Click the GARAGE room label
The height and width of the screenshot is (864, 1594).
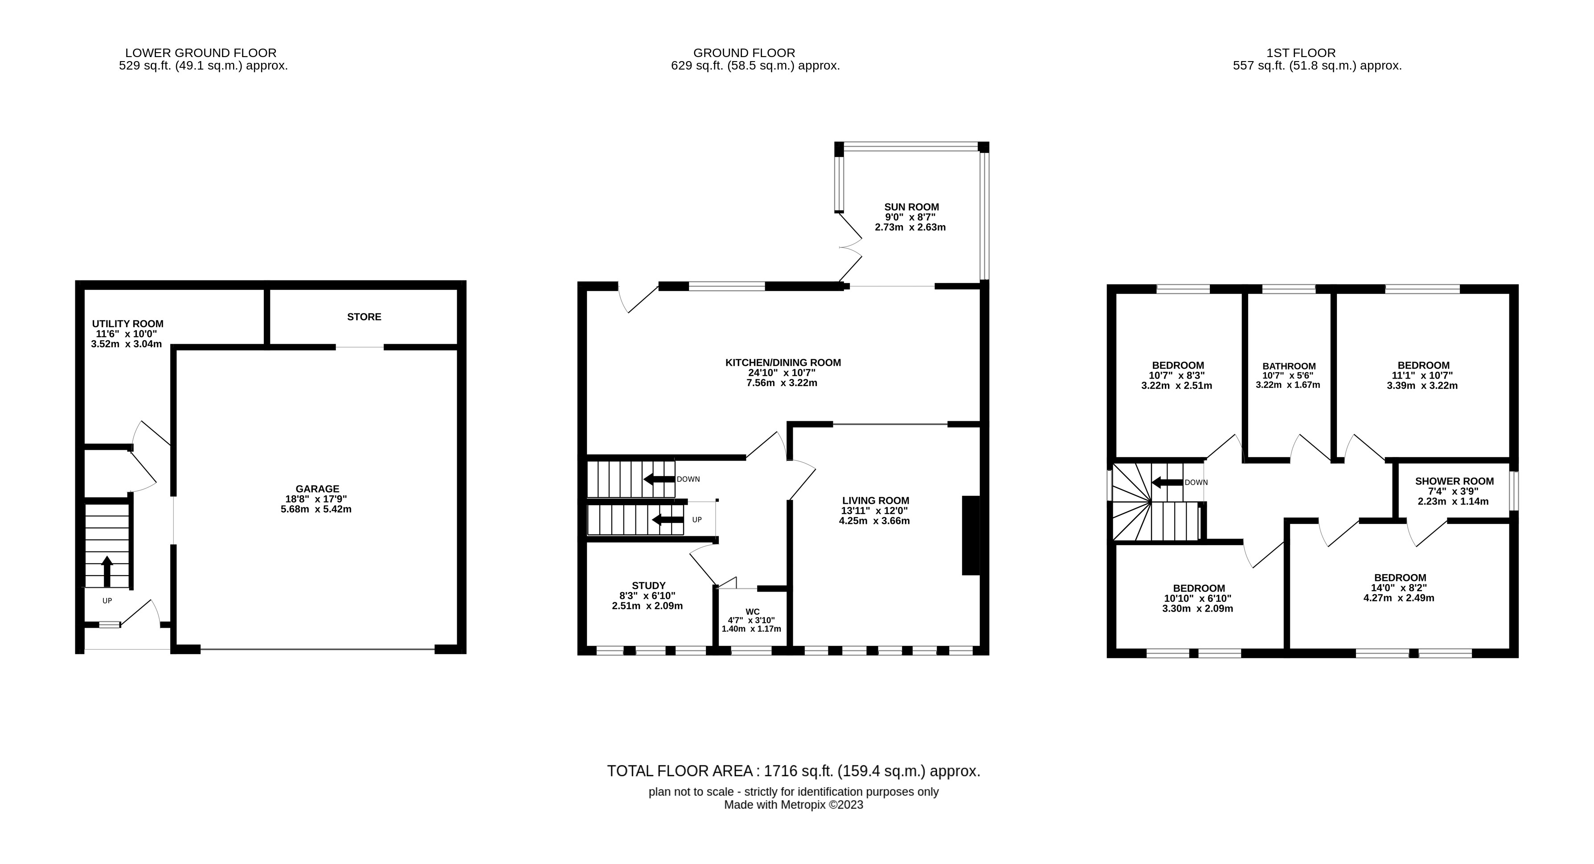(x=316, y=489)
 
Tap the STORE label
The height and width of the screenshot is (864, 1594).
(x=364, y=317)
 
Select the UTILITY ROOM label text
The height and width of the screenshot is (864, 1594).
(x=127, y=324)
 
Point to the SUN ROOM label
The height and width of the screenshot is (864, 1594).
(x=911, y=207)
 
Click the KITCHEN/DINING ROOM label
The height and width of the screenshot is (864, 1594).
(x=783, y=363)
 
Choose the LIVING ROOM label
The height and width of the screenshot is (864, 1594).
(x=875, y=501)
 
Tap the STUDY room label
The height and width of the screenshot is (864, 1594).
(x=648, y=585)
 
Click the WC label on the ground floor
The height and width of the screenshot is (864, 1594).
(x=753, y=612)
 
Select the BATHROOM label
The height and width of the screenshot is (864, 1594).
(x=1289, y=366)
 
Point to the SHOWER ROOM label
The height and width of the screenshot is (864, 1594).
(x=1454, y=481)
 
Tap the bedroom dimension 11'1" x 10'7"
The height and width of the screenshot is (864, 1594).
(x=1423, y=375)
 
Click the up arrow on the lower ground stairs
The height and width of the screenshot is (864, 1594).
(x=107, y=571)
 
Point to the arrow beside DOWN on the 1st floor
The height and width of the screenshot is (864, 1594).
(x=1166, y=482)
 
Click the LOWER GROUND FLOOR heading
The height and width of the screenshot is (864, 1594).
(x=201, y=53)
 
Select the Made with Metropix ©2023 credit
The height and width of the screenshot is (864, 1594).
(x=793, y=805)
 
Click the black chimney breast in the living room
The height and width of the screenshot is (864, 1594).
(x=970, y=535)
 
